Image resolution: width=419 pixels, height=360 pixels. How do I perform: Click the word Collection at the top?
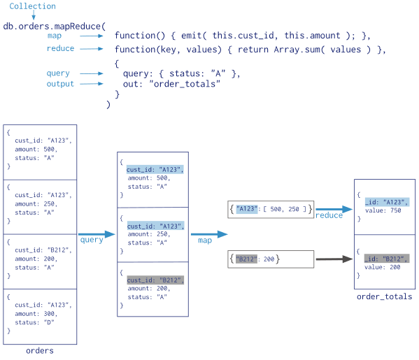click(32, 6)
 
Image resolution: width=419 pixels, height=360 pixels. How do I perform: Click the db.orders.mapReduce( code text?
click(54, 27)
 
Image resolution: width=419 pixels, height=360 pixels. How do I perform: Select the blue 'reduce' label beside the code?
click(60, 49)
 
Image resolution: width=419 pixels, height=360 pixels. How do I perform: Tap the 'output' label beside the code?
click(60, 84)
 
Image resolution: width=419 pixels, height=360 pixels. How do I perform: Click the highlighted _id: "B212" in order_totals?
click(385, 259)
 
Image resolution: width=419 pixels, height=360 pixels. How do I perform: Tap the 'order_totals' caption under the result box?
click(384, 297)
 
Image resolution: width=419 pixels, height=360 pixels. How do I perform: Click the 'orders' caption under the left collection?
click(39, 350)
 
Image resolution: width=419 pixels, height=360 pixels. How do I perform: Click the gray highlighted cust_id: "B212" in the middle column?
click(155, 280)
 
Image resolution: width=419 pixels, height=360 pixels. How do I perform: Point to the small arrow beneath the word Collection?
click(33, 15)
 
